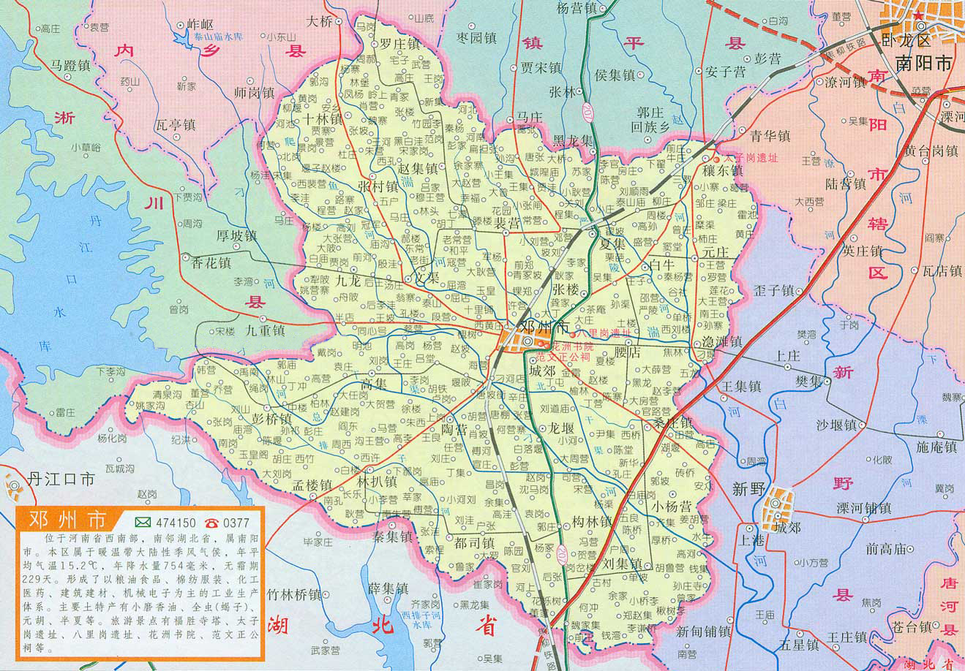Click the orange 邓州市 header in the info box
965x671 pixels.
67,520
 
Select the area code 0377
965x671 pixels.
236,523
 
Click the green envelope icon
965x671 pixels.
143,523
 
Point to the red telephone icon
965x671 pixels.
211,523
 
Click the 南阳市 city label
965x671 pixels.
923,64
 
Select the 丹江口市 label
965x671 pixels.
61,479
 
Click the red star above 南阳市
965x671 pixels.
915,15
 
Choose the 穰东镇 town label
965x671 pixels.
722,170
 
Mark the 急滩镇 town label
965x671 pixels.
721,341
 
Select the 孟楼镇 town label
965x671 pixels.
312,485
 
